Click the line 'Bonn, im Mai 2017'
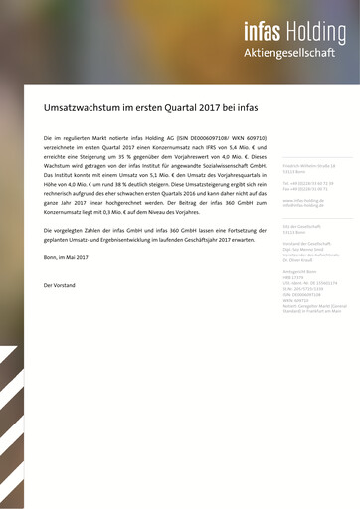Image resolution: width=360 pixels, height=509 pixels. click(x=67, y=257)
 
